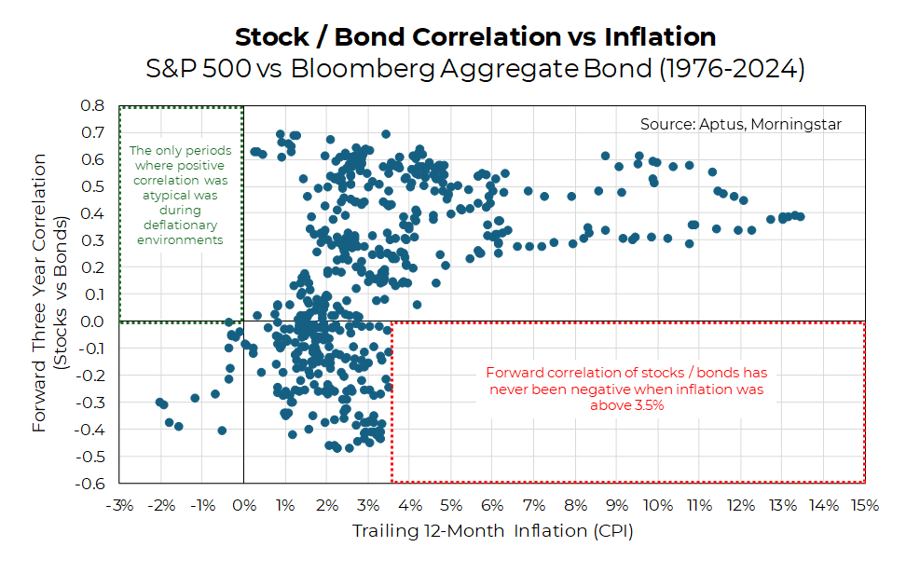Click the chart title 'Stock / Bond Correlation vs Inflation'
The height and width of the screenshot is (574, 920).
tap(475, 37)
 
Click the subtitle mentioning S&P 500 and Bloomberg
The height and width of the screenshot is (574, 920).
tap(475, 69)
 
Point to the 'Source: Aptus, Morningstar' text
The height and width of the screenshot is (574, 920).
tap(741, 124)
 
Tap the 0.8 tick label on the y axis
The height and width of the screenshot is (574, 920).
tap(92, 106)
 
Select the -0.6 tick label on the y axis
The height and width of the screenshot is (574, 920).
tap(90, 483)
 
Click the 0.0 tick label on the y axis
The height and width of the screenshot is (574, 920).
tap(92, 321)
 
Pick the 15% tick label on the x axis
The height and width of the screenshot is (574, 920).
tap(864, 506)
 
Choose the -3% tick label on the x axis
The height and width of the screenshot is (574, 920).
tap(119, 506)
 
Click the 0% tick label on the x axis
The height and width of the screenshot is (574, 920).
tap(243, 506)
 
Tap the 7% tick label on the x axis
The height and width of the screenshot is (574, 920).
tap(533, 506)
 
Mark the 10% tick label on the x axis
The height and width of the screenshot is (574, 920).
tap(657, 506)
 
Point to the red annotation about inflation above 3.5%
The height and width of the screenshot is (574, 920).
tap(625, 388)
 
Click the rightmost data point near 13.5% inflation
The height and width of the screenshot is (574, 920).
tap(800, 216)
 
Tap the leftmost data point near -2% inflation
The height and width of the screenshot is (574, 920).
tap(159, 402)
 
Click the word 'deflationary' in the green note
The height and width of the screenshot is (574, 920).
tap(180, 225)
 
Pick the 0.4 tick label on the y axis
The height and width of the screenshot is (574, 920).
tap(92, 213)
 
